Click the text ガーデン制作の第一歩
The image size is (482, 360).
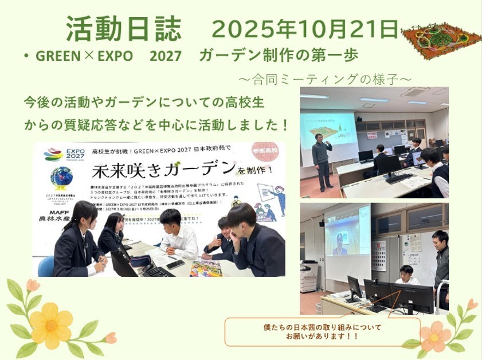[279, 56]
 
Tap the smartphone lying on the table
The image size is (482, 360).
[175, 264]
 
